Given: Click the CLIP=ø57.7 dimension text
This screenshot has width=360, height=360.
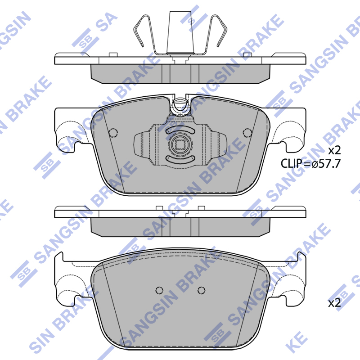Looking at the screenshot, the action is coord(310,164).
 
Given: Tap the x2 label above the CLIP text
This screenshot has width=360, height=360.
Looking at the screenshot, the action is coord(334,151).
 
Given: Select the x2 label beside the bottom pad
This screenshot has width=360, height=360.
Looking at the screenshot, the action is coord(334,303).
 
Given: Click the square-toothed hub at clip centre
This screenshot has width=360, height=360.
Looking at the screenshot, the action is coord(180,144).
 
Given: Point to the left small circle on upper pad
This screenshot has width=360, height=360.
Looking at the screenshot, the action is coord(113,133).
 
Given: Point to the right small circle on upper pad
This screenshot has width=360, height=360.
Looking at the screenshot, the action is coord(247,133).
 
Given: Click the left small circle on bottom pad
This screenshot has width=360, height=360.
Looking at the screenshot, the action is coord(159,290).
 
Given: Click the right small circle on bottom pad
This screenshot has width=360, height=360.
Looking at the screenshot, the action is coord(201,290).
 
